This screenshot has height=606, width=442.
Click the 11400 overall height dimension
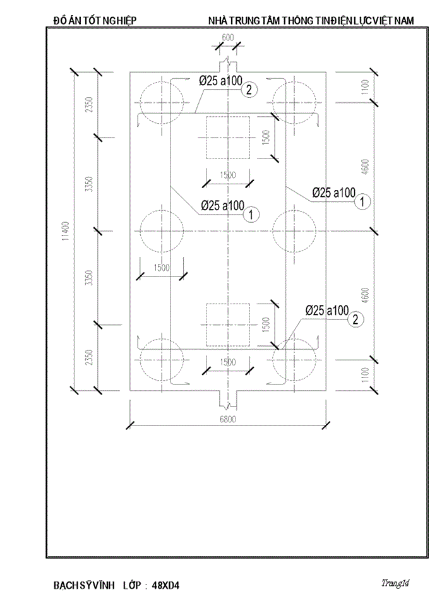pyautogui.click(x=65, y=231)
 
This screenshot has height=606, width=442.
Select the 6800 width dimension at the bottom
pyautogui.click(x=227, y=419)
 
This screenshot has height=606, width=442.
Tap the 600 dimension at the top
pyautogui.click(x=228, y=38)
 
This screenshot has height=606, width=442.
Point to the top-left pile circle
pyautogui.click(x=162, y=102)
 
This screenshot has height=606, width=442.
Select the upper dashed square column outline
pyautogui.click(x=229, y=137)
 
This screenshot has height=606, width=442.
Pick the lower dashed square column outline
pyautogui.click(x=229, y=325)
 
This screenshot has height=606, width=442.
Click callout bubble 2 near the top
pyautogui.click(x=249, y=90)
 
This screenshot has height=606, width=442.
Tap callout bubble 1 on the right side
pyautogui.click(x=362, y=202)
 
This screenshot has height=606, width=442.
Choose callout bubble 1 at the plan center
pyautogui.click(x=251, y=215)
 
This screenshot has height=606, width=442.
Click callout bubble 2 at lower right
pyautogui.click(x=356, y=319)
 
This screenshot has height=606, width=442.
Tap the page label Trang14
pyautogui.click(x=395, y=583)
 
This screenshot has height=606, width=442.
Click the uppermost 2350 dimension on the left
pyautogui.click(x=89, y=104)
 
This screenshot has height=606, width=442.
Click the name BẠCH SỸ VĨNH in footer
pyautogui.click(x=83, y=585)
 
